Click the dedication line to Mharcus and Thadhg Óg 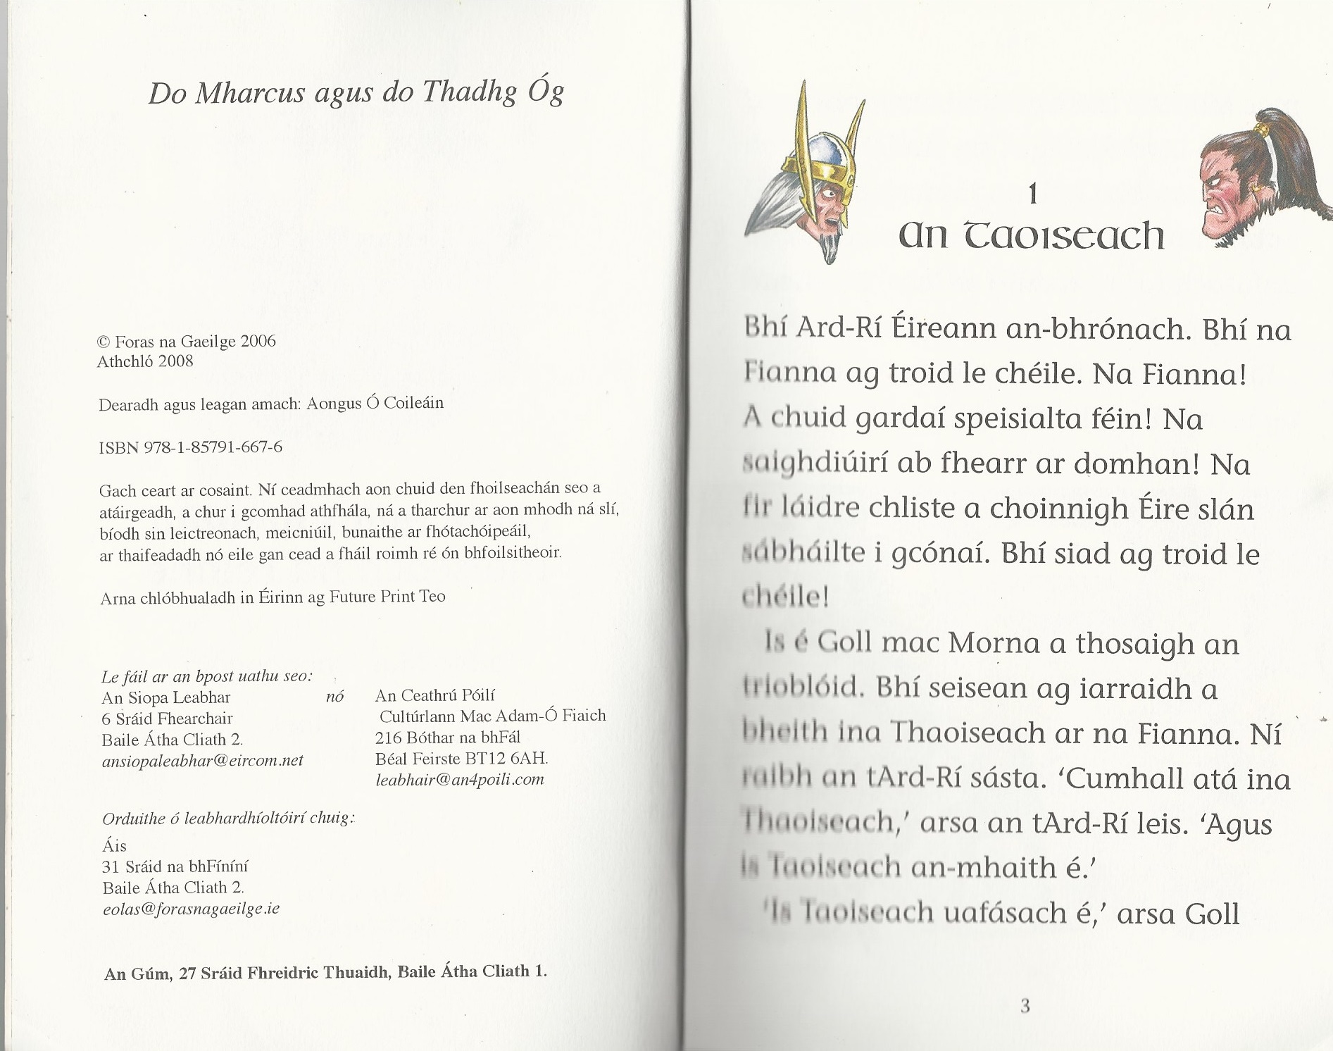tap(356, 93)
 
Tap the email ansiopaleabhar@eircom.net tap(203, 761)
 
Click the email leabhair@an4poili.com tap(460, 779)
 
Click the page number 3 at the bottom tap(1025, 1007)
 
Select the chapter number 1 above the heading tap(1032, 194)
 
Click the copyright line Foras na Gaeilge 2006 tap(187, 342)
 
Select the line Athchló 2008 tap(145, 361)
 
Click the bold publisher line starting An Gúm tap(325, 971)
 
